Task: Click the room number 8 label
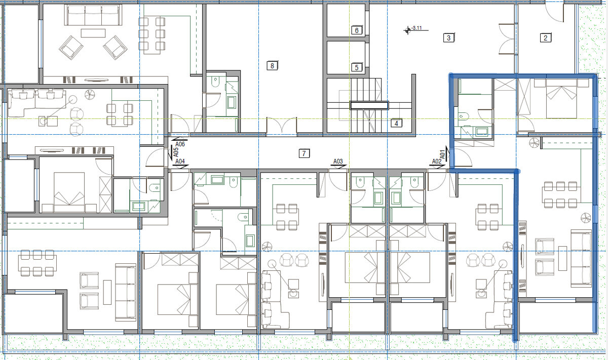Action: tap(272, 66)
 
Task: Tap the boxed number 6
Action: tap(357, 30)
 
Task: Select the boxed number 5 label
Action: tap(357, 67)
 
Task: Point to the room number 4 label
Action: tap(396, 124)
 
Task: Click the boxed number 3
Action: tap(449, 37)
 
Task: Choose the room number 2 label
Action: tap(546, 37)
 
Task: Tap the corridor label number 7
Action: tap(304, 153)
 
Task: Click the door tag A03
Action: tap(338, 162)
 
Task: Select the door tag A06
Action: tap(180, 144)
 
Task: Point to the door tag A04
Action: tap(180, 162)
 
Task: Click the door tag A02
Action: tap(437, 162)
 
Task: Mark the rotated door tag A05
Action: tap(176, 152)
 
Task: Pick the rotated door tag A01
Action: tap(443, 154)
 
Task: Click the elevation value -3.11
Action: tap(416, 28)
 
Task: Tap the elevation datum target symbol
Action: tap(407, 30)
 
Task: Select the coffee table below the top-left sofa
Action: tap(93, 33)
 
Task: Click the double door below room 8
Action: tap(282, 126)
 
